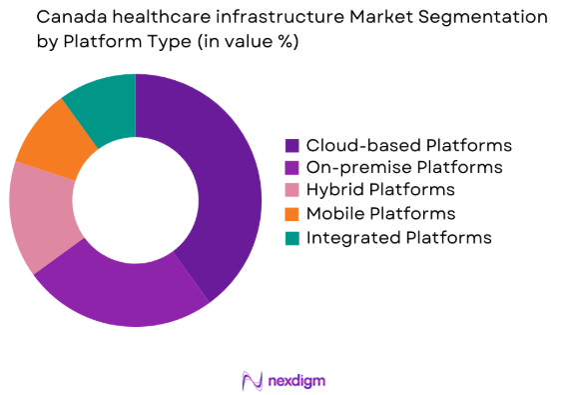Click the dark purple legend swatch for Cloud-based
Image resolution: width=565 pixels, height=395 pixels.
[292, 146]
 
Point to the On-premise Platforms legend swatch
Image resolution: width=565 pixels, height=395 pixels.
[292, 168]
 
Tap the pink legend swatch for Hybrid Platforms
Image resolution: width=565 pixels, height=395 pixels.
[292, 190]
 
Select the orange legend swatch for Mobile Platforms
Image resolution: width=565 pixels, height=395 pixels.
[292, 214]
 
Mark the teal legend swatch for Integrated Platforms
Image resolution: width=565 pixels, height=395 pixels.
[292, 238]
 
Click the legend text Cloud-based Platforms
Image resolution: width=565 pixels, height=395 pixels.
[408, 145]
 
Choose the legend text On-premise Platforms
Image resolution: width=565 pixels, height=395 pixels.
[404, 167]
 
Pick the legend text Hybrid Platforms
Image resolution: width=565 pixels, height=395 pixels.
[380, 190]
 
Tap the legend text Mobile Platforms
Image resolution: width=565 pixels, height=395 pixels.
[380, 214]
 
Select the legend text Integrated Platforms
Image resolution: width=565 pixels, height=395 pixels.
[399, 238]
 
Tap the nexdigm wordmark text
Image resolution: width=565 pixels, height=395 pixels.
[297, 380]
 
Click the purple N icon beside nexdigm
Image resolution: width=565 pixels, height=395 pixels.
[252, 380]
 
